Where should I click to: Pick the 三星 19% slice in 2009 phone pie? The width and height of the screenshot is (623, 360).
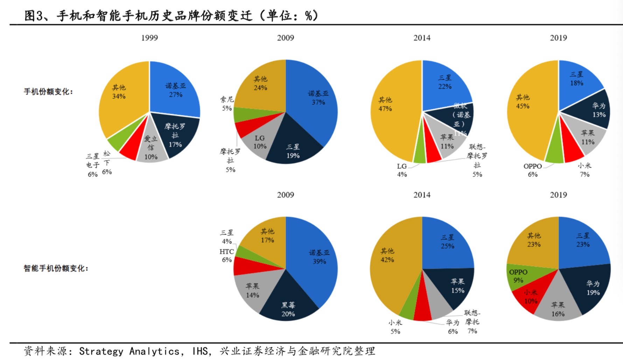293,151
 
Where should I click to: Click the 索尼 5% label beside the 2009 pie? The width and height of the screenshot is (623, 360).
227,104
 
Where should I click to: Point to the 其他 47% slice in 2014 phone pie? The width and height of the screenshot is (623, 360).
388,105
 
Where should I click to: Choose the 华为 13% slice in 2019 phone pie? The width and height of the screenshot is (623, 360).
597,110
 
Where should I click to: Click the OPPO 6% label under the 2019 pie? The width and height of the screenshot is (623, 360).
532,170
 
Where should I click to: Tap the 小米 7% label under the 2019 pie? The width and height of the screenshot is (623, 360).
584,169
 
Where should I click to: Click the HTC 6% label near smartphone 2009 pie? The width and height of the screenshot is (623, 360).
226,255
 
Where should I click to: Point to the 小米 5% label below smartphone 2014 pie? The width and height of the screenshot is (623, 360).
395,327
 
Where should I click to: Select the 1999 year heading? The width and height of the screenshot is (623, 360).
149,38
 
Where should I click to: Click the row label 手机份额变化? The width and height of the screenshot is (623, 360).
48,92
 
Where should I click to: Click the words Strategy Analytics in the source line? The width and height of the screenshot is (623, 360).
129,351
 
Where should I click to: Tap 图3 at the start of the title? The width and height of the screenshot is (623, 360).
33,15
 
